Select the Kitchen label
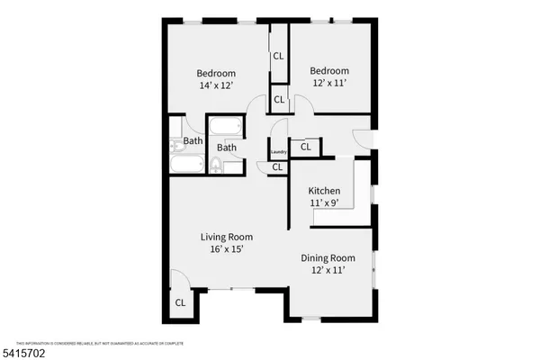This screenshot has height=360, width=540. click(x=324, y=192)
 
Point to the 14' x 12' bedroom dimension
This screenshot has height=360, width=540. click(x=216, y=85)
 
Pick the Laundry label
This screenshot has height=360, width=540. click(x=278, y=152)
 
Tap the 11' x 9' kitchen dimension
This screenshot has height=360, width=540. click(x=324, y=203)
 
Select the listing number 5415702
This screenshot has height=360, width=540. click(x=24, y=353)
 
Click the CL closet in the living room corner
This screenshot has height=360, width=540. click(x=180, y=303)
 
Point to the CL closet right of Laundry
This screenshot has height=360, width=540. click(x=305, y=146)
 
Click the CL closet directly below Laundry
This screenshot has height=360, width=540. click(x=277, y=166)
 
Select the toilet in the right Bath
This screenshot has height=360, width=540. click(x=217, y=165)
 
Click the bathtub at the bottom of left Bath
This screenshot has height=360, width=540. click(x=189, y=165)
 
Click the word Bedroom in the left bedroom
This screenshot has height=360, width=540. click(x=216, y=74)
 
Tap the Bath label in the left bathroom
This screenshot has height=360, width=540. click(x=193, y=141)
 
